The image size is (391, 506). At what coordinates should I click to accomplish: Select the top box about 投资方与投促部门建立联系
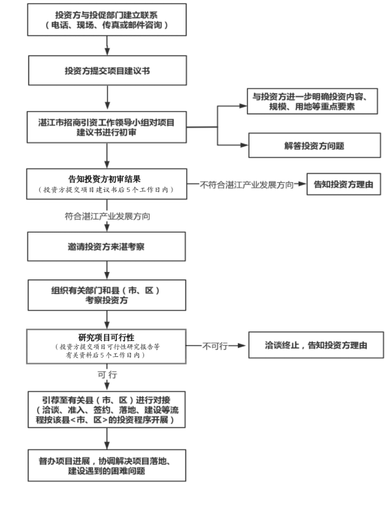click(x=106, y=21)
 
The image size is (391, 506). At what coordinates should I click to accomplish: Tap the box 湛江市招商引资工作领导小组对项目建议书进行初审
click(x=106, y=126)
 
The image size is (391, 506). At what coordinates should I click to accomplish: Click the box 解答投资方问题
click(x=314, y=146)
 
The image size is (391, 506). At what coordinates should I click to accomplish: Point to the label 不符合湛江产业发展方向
click(x=247, y=185)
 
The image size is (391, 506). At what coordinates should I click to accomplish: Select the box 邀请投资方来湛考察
click(x=106, y=246)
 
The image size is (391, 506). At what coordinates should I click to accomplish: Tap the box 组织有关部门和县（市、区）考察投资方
click(x=106, y=295)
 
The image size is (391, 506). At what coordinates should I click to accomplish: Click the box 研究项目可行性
click(x=106, y=345)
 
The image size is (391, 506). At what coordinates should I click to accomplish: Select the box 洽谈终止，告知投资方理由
click(x=316, y=344)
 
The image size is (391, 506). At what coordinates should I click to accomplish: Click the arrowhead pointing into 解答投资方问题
click(x=243, y=146)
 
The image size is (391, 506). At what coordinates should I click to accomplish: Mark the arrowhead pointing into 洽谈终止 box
click(x=242, y=344)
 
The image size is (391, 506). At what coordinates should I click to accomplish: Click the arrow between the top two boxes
click(x=106, y=46)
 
